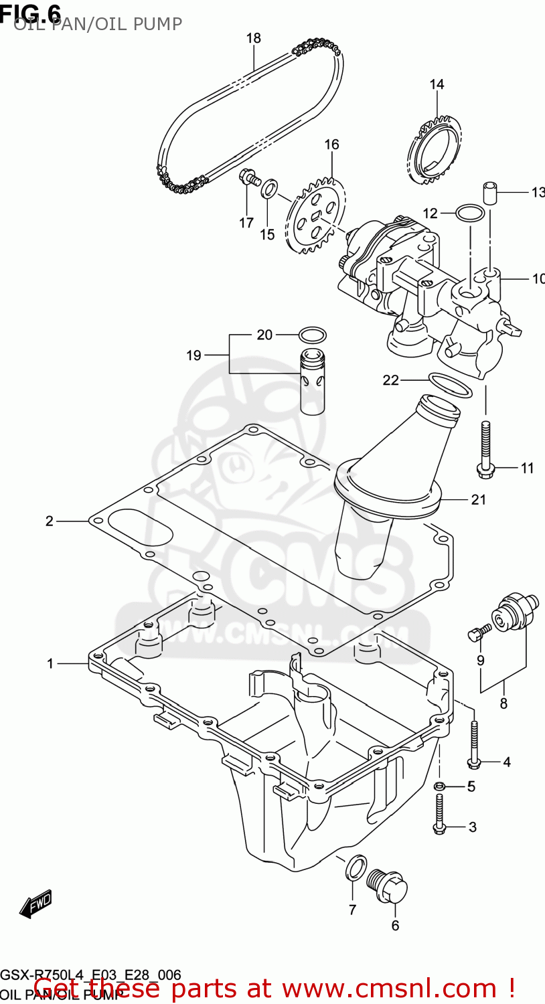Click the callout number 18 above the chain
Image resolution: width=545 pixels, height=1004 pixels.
253,38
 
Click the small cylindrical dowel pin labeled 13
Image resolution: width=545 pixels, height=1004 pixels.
489,193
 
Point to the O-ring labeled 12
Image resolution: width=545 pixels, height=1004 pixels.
470,214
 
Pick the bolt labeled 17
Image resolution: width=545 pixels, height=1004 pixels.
248,177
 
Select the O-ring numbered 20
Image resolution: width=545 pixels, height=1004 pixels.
311,334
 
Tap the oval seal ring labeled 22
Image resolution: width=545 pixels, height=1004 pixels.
449,385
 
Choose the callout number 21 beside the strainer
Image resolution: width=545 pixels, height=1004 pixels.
478,499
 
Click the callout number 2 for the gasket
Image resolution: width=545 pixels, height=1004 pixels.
49,521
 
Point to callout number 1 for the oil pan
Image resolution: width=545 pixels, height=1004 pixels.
50,663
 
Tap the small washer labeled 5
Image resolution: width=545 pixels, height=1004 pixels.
439,786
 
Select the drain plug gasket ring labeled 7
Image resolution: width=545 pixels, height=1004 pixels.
355,868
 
